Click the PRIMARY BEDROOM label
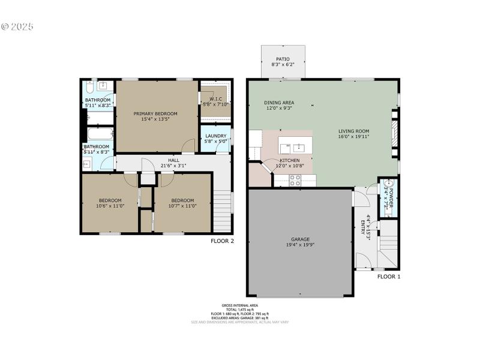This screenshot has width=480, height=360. pyautogui.click(x=155, y=114)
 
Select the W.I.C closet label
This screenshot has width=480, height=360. pyautogui.click(x=215, y=99)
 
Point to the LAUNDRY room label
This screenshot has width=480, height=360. pyautogui.click(x=215, y=136)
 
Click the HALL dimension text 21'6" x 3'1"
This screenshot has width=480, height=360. pyautogui.click(x=173, y=166)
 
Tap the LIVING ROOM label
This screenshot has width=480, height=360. pyautogui.click(x=353, y=131)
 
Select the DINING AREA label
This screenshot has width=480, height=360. pyautogui.click(x=279, y=103)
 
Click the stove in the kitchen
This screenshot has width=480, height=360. pyautogui.click(x=295, y=179)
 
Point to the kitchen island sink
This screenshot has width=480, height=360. pyautogui.click(x=299, y=146)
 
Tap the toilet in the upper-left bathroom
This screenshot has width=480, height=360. pyautogui.click(x=89, y=85)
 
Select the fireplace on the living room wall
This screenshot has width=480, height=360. pyautogui.click(x=394, y=133)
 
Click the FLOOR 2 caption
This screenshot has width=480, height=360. pyautogui.click(x=222, y=241)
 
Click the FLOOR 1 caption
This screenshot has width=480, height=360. pyautogui.click(x=389, y=277)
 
